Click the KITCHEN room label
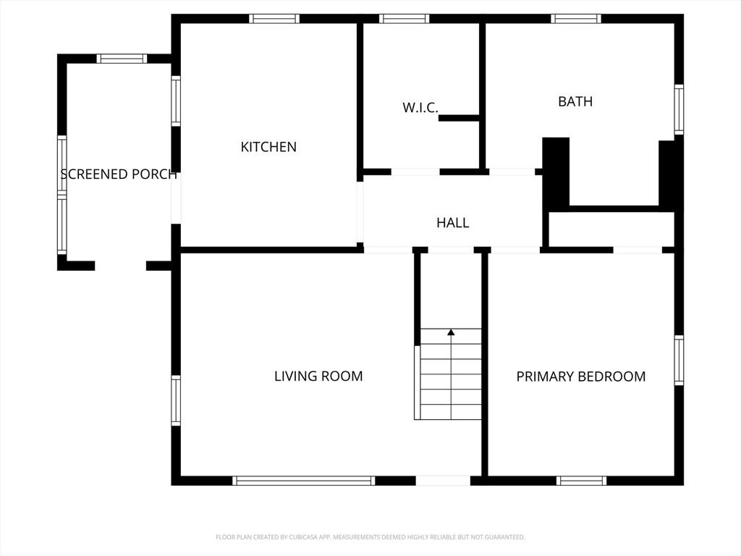click(268, 147)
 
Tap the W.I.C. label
click(420, 108)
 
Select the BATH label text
click(575, 101)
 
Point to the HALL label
click(452, 223)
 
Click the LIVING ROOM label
click(318, 376)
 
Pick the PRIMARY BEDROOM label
click(580, 376)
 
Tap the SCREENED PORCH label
click(119, 174)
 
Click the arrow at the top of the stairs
click(451, 332)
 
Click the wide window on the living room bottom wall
click(304, 481)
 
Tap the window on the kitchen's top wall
click(274, 19)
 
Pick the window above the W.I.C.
click(405, 19)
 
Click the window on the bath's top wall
click(576, 19)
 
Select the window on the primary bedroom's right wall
click(679, 361)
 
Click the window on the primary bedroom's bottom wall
click(581, 481)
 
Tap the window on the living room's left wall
click(176, 400)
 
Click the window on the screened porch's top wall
click(122, 59)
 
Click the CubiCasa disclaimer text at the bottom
click(370, 537)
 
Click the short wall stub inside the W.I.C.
click(459, 118)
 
